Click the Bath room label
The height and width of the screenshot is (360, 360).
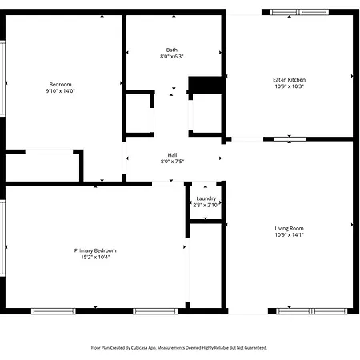click(x=172, y=50)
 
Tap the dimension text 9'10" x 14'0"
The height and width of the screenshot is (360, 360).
click(x=60, y=91)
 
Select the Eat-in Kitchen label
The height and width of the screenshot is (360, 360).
click(x=289, y=80)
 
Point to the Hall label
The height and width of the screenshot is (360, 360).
click(x=172, y=155)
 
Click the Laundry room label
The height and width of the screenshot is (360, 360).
click(x=206, y=198)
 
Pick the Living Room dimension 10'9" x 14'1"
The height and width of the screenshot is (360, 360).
click(x=289, y=235)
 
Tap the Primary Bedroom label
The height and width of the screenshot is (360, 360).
click(x=95, y=250)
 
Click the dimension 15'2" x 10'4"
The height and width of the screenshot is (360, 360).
click(x=95, y=257)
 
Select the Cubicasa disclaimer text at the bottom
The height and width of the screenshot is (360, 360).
click(x=179, y=348)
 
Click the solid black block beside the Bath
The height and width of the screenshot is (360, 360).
click(x=205, y=85)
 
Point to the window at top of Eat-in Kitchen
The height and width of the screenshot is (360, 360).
click(x=299, y=12)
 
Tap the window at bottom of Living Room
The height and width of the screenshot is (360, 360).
click(x=312, y=311)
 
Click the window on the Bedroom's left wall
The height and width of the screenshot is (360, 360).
click(x=2, y=78)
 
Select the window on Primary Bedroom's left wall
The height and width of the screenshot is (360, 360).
click(x=2, y=238)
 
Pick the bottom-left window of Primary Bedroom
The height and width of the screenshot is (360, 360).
click(x=54, y=311)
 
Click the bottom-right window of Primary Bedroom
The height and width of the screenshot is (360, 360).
click(x=155, y=311)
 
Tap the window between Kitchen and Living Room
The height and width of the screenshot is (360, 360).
click(x=290, y=139)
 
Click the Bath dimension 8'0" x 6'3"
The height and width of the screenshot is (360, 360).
click(x=172, y=56)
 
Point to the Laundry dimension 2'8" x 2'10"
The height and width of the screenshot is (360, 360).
click(x=206, y=205)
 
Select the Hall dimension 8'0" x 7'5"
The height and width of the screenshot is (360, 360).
click(x=172, y=162)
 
